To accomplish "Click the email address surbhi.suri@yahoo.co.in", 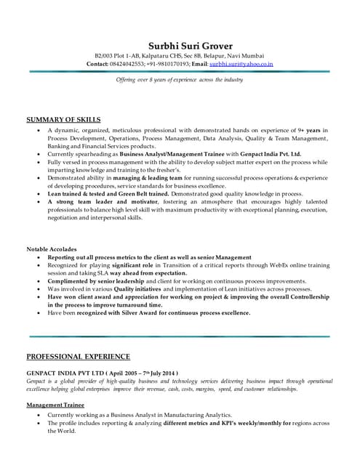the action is tap(241, 64).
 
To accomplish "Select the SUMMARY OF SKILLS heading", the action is tap(63, 119).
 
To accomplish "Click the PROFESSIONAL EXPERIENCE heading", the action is tap(79, 357).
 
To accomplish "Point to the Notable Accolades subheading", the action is tap(58, 249).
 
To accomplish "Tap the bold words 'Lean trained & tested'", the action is tap(81, 194).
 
